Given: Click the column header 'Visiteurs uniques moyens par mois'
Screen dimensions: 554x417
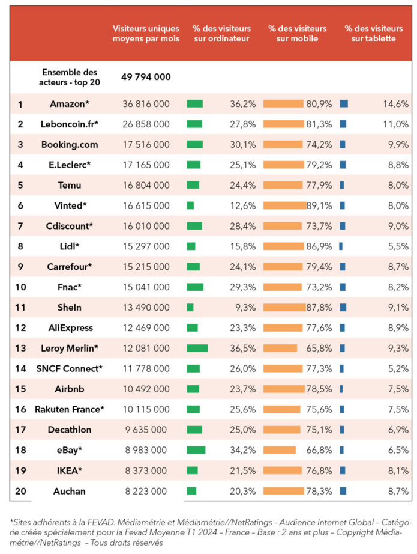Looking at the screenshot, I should pos(146,34).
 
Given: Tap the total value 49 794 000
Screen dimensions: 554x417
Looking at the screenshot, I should pos(146,77).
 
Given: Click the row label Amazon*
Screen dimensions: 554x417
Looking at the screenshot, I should pos(70,104).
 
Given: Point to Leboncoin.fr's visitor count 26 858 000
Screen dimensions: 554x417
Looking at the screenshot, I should pos(146,124).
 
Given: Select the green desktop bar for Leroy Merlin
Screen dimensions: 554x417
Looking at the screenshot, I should pos(197,348).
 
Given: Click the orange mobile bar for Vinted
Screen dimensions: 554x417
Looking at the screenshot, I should pos(284,205).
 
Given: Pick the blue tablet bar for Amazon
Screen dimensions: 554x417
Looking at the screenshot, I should pos(344,104).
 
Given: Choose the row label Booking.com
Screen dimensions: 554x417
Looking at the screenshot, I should pos(70,145).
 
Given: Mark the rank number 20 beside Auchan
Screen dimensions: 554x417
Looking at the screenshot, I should pos(21,491).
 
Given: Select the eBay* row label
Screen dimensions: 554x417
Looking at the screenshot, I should pos(70,450).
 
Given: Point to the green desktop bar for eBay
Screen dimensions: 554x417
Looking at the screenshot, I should pos(196,450).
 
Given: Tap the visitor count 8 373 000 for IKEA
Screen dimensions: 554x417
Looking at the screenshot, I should pos(146,470).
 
